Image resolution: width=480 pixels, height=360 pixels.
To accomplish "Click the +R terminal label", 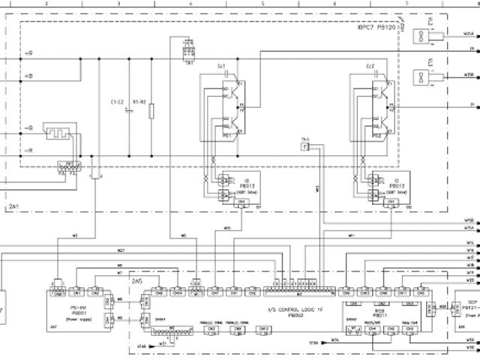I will click(28, 54).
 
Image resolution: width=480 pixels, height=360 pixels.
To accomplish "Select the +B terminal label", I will click(28, 76).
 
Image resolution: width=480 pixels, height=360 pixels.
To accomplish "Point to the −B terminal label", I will click(28, 127).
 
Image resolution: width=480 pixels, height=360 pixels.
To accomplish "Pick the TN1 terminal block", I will click(188, 53).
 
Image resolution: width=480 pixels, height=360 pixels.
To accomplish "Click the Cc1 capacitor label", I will click(221, 67).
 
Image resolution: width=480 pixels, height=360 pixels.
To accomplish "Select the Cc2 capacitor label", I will click(370, 67).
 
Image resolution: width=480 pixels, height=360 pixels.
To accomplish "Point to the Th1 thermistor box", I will click(305, 146).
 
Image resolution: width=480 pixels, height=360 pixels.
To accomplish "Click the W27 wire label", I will click(121, 249).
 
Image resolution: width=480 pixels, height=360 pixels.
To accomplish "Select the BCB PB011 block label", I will click(372, 314).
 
